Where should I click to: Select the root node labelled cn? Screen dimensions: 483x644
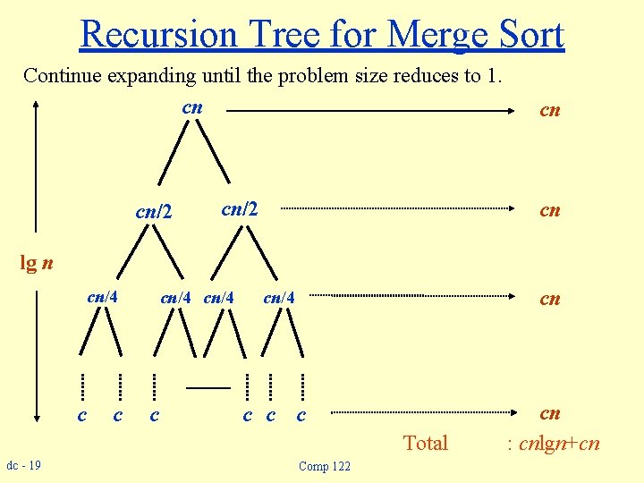tap(192, 107)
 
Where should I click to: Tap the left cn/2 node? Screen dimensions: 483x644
tap(152, 212)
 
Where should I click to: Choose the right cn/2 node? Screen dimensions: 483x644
tap(239, 208)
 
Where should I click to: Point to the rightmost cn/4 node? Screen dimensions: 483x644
tap(279, 297)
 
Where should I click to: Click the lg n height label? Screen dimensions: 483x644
tap(37, 262)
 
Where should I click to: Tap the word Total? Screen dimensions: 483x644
tap(425, 443)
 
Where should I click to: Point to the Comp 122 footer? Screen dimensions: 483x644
tap(325, 466)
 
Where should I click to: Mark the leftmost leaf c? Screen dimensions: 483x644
tap(81, 415)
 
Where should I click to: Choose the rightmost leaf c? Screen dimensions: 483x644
tap(301, 415)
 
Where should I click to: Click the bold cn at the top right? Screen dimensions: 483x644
tap(549, 110)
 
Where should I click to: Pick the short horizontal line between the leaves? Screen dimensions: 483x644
tap(208, 388)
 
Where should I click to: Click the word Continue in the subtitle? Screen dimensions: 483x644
tap(62, 75)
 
